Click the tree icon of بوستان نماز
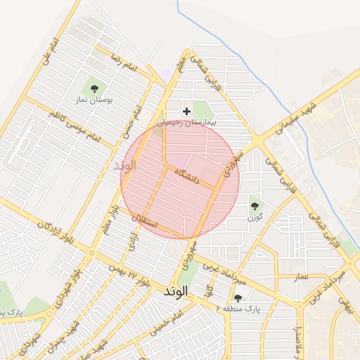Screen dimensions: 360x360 [94, 89]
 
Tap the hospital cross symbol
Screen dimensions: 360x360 [186, 111]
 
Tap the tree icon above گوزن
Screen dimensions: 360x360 [254, 206]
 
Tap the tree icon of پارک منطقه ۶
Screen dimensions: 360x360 [238, 297]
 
